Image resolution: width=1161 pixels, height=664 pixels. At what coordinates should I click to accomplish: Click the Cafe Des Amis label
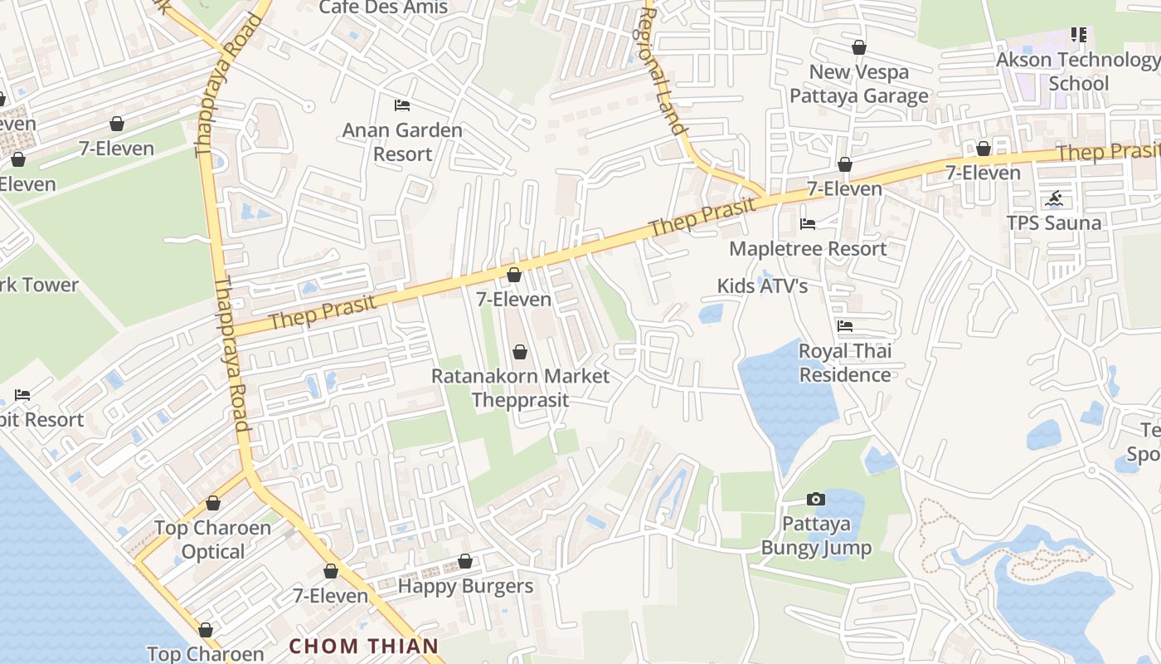383,7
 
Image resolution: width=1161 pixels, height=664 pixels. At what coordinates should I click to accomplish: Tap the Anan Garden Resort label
402,142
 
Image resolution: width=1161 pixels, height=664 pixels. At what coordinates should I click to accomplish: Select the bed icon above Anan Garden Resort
402,105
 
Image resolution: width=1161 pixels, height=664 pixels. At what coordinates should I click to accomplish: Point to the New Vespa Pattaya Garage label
858,84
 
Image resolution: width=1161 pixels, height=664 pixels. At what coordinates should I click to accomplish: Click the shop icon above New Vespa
859,47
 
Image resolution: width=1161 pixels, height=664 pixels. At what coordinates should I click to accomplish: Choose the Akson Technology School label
1078,71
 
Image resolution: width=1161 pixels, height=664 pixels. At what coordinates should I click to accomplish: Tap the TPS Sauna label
1053,222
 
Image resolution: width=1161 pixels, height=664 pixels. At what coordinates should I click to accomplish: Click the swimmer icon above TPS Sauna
1054,198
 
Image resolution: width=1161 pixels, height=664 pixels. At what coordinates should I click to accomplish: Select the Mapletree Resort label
808,248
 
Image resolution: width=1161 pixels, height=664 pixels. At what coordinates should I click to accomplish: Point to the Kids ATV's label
762,286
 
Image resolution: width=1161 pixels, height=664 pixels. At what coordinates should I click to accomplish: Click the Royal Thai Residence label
844,363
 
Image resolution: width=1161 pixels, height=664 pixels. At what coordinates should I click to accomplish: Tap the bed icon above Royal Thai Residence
845,326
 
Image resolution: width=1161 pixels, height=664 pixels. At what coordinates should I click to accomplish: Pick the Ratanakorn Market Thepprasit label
520,388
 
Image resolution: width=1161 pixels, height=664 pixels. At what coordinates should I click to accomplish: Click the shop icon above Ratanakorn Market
520,352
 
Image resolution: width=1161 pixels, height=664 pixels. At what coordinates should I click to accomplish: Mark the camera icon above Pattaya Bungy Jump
816,499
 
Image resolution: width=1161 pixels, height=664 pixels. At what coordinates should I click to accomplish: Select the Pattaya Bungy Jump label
816,536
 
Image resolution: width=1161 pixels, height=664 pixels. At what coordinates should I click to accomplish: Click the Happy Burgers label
465,586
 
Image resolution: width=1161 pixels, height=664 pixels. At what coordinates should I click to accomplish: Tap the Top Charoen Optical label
213,539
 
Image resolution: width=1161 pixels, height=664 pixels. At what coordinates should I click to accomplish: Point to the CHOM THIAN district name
363,646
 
